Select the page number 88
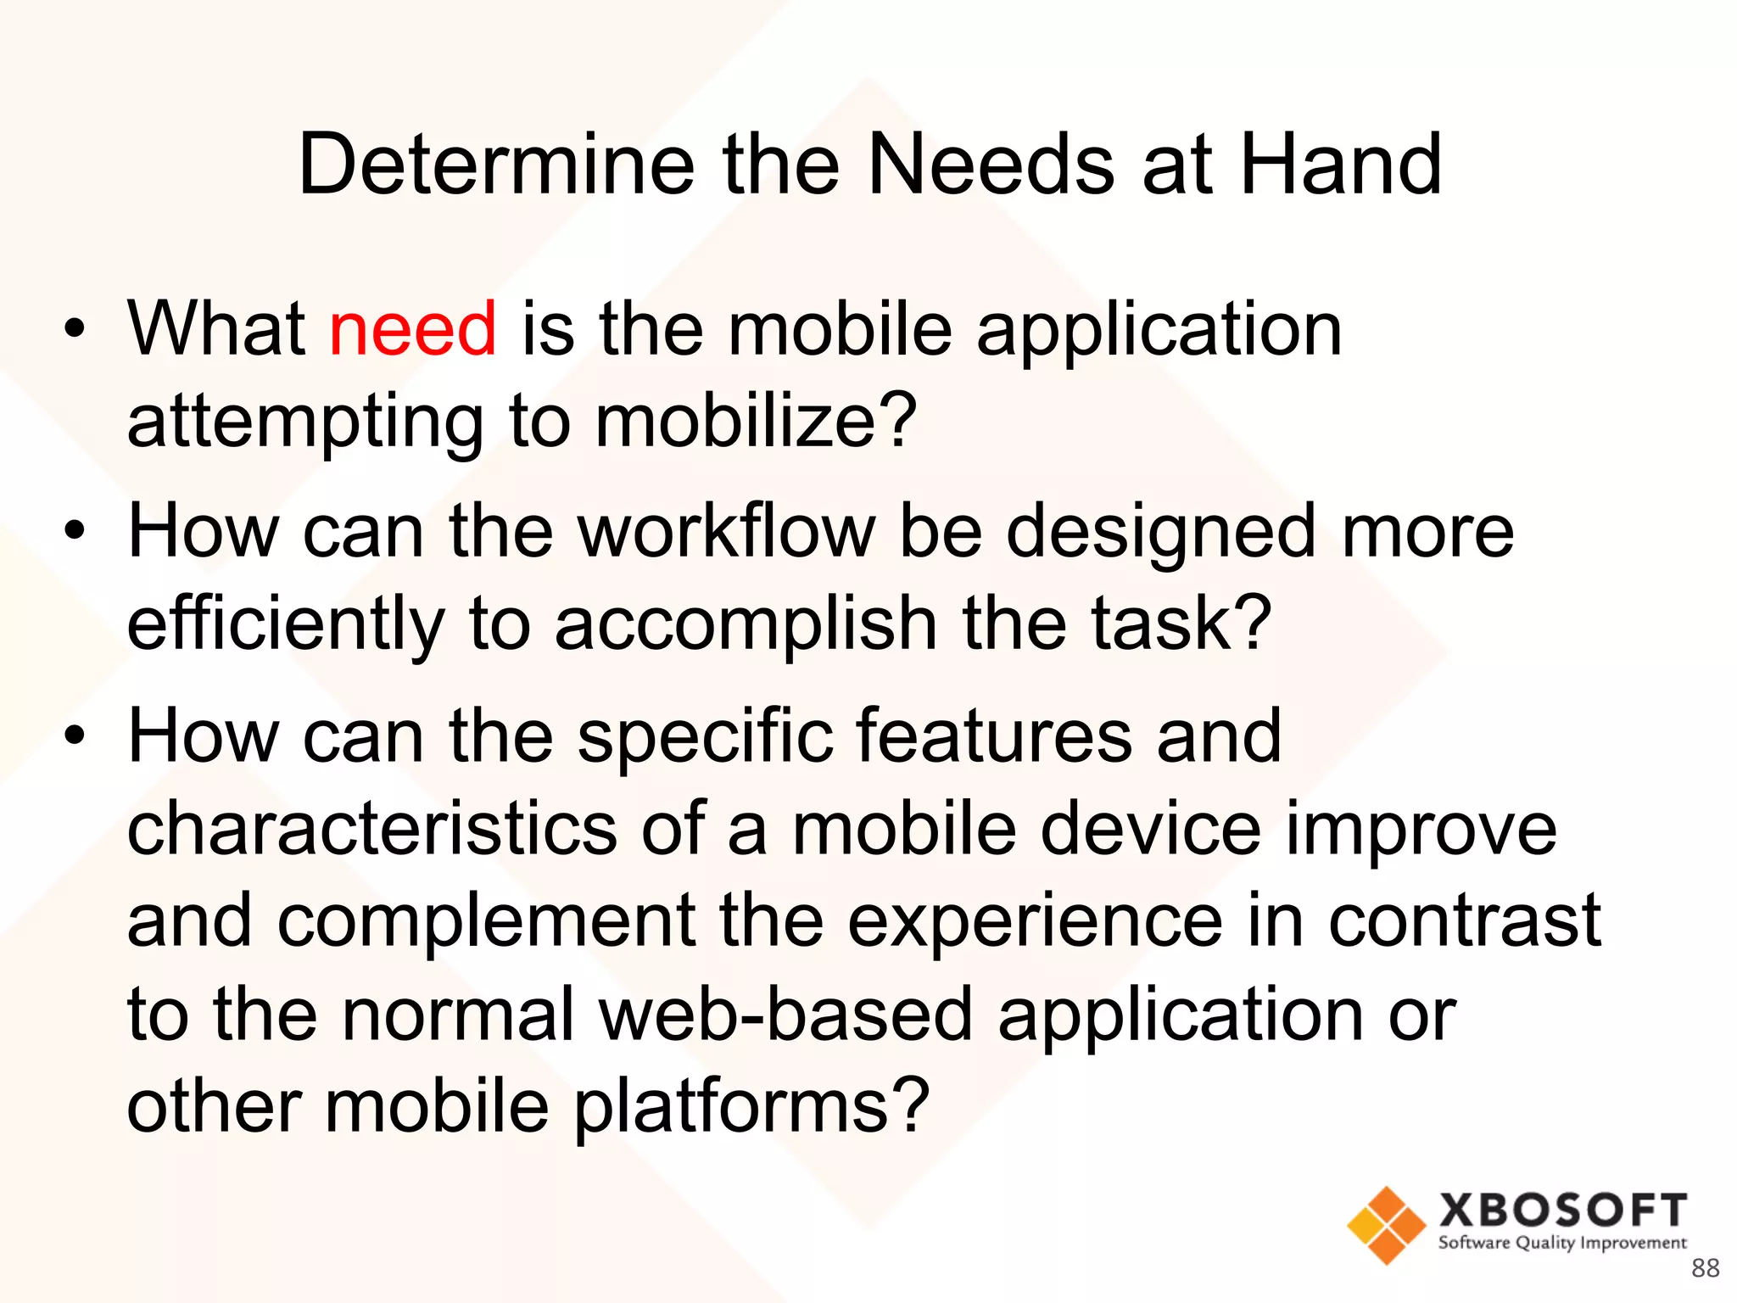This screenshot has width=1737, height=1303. pos(1705,1267)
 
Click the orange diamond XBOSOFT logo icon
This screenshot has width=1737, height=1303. pos(1386,1225)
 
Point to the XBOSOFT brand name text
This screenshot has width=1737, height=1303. pos(1562,1210)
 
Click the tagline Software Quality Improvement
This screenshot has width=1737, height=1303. pos(1562,1243)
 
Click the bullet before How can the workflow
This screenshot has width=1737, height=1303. pos(75,532)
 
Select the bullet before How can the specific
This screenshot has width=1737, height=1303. pos(75,735)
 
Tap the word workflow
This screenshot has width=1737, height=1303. pos(727,532)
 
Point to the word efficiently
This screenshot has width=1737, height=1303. pos(285,625)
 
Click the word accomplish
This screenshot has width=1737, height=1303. pos(746,625)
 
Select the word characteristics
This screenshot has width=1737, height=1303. pos(371,829)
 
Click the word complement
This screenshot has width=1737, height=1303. pos(486,921)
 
